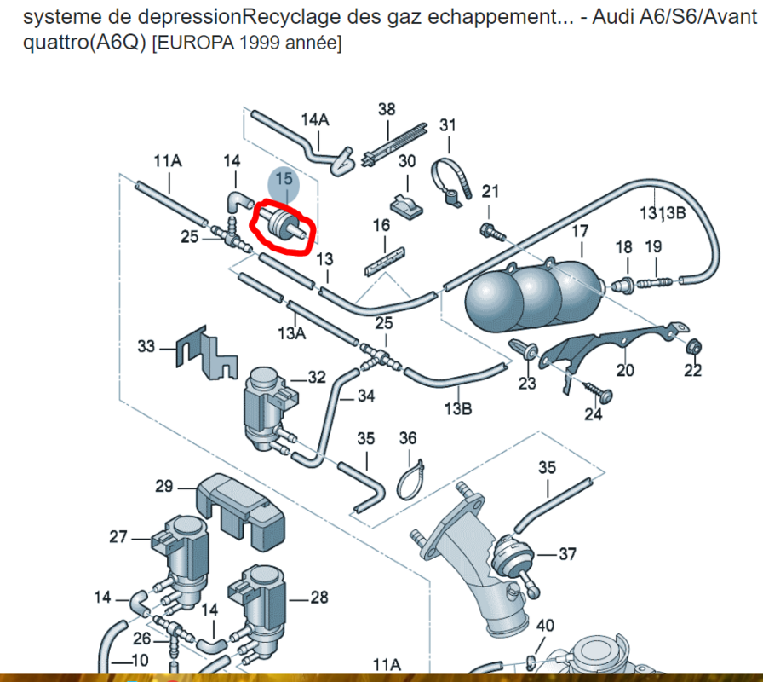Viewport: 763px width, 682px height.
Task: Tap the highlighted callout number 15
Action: tap(284, 179)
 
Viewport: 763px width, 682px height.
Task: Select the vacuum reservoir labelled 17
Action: tap(534, 294)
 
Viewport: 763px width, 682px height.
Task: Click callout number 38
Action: tap(387, 109)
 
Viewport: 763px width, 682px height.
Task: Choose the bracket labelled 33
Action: tap(207, 353)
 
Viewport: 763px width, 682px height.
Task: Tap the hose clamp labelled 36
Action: tap(410, 482)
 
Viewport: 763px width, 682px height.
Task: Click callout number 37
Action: tap(567, 554)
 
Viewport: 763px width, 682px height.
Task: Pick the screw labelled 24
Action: tap(599, 392)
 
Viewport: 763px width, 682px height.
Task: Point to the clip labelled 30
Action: tap(407, 206)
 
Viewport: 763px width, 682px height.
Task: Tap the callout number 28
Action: tap(319, 598)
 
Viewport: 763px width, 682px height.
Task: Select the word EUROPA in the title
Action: tap(193, 43)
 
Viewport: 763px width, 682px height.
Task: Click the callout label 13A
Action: tap(291, 333)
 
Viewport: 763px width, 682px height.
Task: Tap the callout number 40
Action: tap(545, 625)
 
